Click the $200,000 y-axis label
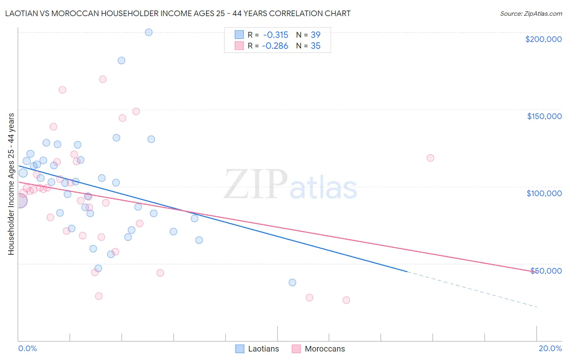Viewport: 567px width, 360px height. click(x=543, y=39)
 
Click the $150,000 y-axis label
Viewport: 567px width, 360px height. click(x=544, y=116)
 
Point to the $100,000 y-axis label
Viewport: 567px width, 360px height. click(x=544, y=193)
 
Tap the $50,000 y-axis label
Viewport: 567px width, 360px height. click(x=546, y=271)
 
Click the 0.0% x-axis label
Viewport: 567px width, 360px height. click(x=27, y=348)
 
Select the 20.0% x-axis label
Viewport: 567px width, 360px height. click(x=550, y=348)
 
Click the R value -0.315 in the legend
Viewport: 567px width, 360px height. click(x=275, y=35)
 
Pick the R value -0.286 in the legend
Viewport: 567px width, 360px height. click(x=275, y=46)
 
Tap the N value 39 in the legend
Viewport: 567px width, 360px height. click(x=315, y=35)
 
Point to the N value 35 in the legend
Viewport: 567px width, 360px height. click(x=315, y=46)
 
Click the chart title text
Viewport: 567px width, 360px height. click(x=178, y=13)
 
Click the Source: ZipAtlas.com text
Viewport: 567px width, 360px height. click(x=531, y=13)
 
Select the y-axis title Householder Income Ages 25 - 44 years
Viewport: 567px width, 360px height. click(x=11, y=184)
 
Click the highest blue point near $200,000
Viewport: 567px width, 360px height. click(x=148, y=32)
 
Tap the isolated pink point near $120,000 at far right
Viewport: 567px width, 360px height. click(x=430, y=158)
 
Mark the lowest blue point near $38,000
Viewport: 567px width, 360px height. click(x=292, y=283)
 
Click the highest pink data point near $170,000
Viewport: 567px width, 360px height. click(x=103, y=79)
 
